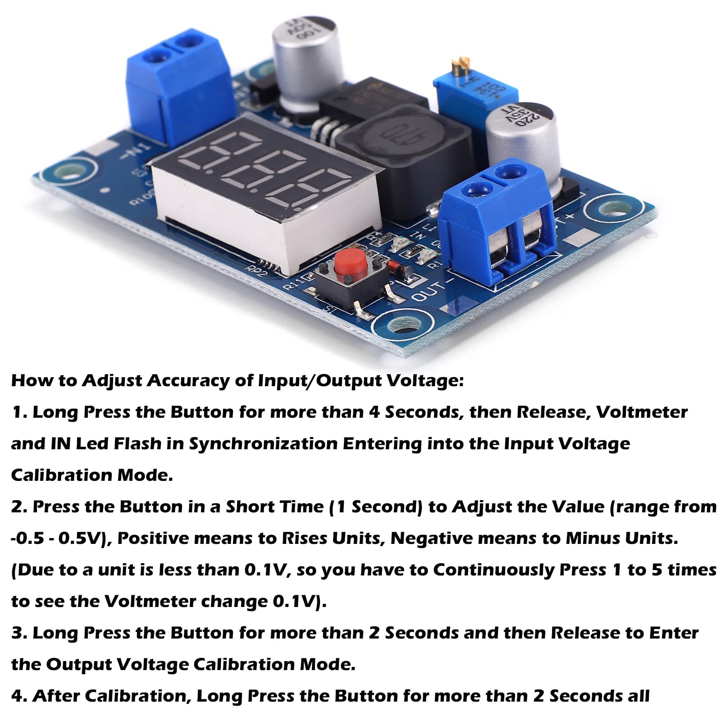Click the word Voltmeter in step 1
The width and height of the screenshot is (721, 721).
pyautogui.click(x=642, y=412)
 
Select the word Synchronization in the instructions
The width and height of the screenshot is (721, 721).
pyautogui.click(x=263, y=444)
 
